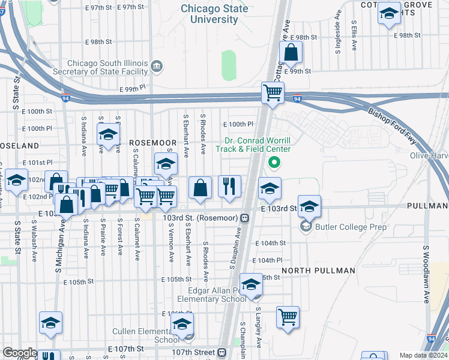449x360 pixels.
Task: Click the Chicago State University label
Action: tap(214, 14)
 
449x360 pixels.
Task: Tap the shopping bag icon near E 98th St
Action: tap(291, 53)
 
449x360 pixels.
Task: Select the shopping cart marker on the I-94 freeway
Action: tap(273, 93)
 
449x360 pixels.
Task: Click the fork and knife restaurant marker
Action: tap(229, 187)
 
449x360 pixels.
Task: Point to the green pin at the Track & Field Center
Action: tap(274, 161)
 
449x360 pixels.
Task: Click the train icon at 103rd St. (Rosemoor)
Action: tap(245, 217)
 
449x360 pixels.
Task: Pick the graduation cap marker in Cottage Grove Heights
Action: tap(389, 14)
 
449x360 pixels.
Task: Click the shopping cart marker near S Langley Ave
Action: tap(288, 316)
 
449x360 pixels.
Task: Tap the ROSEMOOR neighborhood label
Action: tap(153, 143)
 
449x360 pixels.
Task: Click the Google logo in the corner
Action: tap(20, 353)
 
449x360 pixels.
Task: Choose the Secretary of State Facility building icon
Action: tap(157, 66)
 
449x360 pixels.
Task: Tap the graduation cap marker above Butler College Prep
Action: tap(309, 206)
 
